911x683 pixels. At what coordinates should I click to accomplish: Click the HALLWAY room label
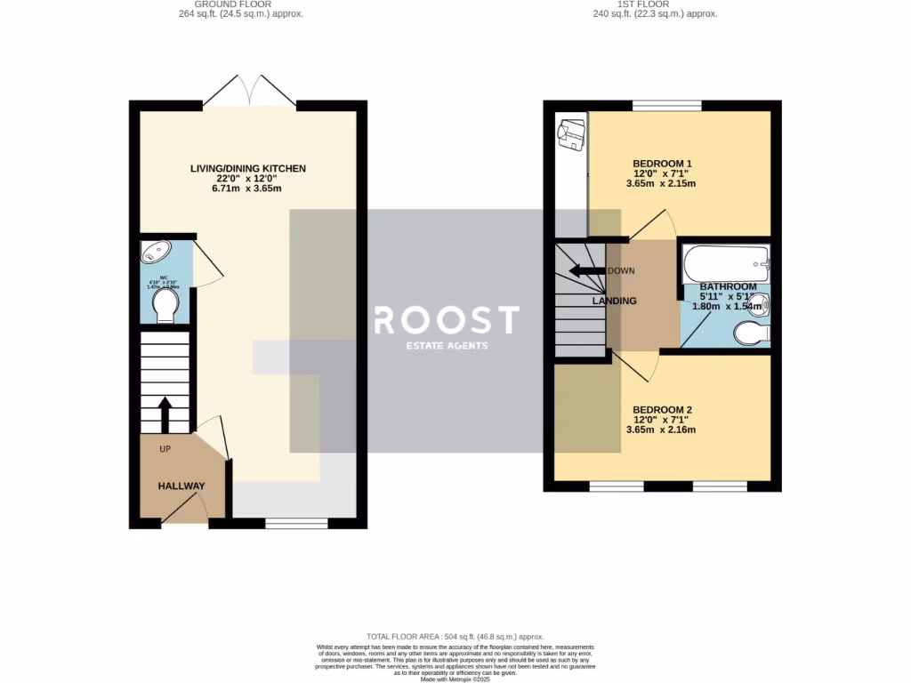[x=181, y=486]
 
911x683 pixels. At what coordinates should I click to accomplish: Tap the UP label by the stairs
[x=165, y=449]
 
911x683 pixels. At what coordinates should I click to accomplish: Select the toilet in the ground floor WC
[x=165, y=308]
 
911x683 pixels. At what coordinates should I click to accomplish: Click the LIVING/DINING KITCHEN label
[x=248, y=168]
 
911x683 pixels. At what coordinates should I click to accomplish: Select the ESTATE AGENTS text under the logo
[x=447, y=346]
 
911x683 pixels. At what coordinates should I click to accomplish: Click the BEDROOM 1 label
[x=662, y=164]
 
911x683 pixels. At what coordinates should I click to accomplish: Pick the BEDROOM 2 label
[x=662, y=410]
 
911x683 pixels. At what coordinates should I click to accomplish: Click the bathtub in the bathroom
[x=724, y=263]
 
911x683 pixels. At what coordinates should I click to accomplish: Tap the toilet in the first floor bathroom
[x=751, y=333]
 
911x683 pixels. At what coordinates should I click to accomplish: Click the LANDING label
[x=615, y=301]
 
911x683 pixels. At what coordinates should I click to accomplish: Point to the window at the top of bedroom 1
[x=666, y=106]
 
